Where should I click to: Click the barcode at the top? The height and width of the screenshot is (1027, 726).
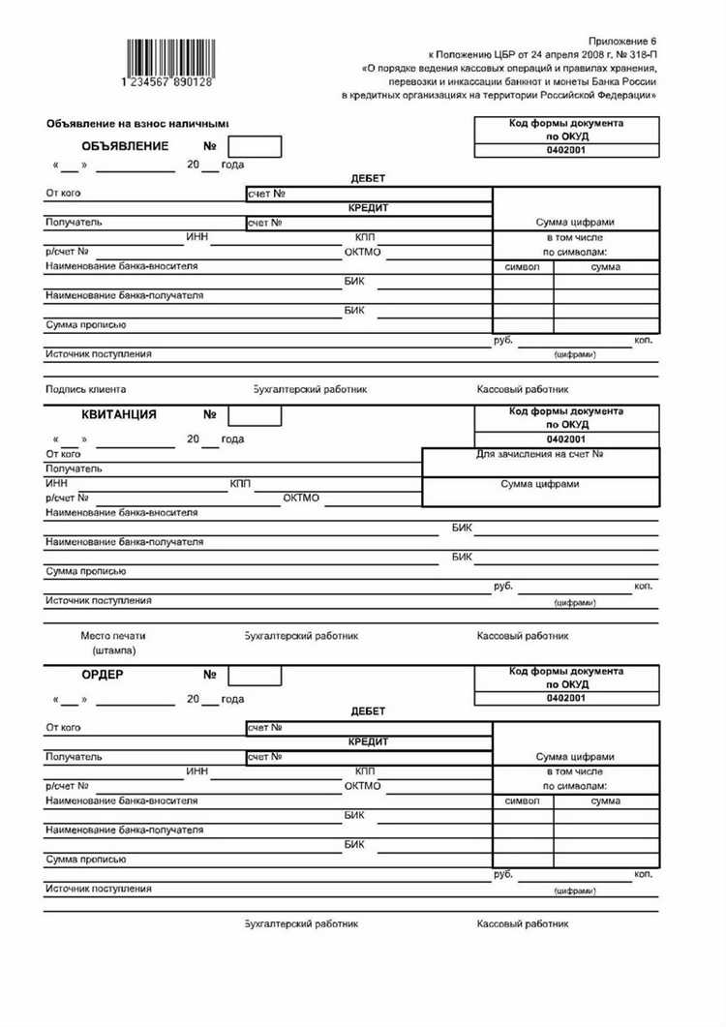(166, 60)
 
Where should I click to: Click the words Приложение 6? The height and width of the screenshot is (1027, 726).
(624, 42)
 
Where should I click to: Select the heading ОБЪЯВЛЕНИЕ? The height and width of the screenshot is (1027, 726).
(126, 146)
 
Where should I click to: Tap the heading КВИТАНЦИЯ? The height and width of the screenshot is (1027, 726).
(120, 414)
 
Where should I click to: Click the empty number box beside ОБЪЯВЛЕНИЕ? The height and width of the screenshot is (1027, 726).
(255, 147)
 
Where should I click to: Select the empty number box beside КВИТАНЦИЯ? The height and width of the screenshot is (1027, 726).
(255, 415)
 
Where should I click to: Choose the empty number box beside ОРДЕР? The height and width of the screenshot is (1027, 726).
(255, 675)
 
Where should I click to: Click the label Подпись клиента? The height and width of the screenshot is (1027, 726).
(85, 390)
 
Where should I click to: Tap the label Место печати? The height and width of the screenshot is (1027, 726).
(113, 637)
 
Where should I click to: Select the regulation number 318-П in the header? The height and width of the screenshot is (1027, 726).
(637, 55)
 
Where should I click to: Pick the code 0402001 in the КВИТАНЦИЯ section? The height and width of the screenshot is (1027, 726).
(566, 438)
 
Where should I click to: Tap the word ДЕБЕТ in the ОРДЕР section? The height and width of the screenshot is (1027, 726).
(368, 711)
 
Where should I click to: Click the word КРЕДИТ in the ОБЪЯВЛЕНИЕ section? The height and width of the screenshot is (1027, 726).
(368, 208)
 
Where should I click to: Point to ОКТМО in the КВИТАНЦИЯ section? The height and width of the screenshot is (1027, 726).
(301, 498)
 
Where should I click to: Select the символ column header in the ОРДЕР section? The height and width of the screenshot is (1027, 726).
(523, 801)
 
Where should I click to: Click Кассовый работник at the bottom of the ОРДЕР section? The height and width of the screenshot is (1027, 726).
(523, 924)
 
